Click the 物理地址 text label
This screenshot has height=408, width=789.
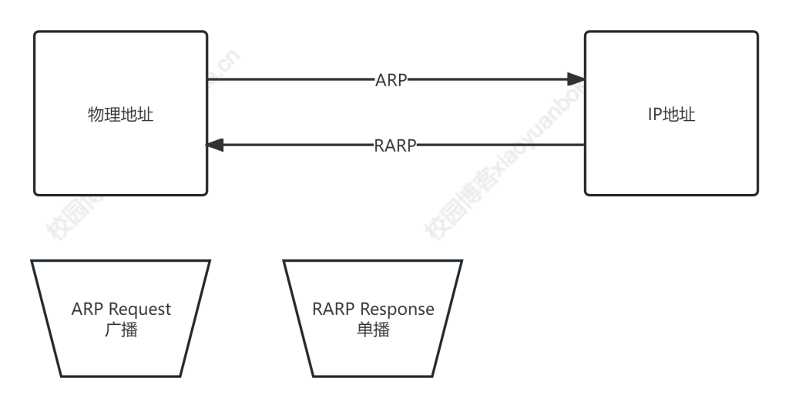pos(121,114)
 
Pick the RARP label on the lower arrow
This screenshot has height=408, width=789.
pos(395,144)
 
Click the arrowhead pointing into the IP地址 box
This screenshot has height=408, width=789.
pos(575,79)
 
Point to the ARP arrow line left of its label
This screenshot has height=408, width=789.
pos(293,79)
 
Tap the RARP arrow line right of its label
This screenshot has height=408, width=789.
pos(501,144)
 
